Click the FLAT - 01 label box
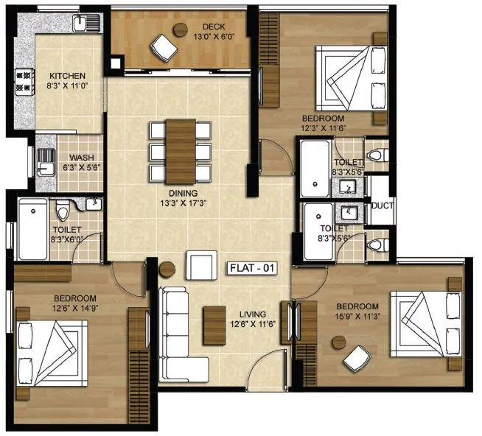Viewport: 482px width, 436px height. click(253, 268)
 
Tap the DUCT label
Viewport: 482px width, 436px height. click(382, 206)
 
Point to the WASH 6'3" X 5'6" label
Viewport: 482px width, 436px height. click(81, 163)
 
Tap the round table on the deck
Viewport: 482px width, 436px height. click(181, 29)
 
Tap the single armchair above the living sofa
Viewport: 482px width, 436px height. click(201, 265)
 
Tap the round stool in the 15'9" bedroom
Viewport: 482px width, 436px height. click(339, 342)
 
